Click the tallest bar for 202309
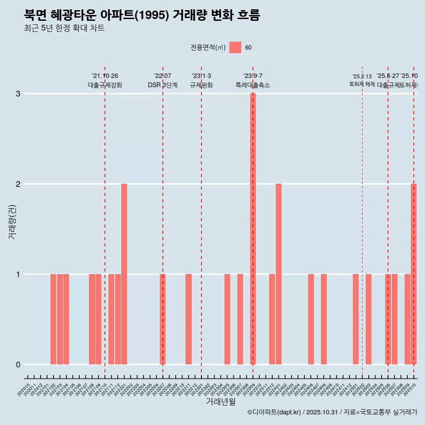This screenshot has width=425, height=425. [253, 229]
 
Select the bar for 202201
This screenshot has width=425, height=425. [124, 274]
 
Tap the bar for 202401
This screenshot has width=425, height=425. [278, 274]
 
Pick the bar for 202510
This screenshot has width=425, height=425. [413, 274]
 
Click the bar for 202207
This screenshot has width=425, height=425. [162, 319]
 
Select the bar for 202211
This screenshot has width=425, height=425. [189, 319]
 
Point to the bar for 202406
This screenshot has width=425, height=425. [311, 319]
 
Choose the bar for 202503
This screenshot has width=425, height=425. [368, 319]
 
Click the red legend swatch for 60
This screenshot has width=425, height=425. [235, 47]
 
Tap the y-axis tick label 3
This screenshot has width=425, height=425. [18, 94]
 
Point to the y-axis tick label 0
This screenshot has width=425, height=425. [18, 365]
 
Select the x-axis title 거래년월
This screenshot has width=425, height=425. [220, 402]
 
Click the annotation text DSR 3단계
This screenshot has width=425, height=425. [162, 85]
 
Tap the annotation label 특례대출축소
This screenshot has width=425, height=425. [253, 85]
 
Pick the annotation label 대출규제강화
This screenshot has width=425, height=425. [105, 85]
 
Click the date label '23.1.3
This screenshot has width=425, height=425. [201, 76]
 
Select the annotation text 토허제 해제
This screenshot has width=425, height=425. [362, 84]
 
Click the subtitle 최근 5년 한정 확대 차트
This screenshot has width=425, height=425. [65, 29]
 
